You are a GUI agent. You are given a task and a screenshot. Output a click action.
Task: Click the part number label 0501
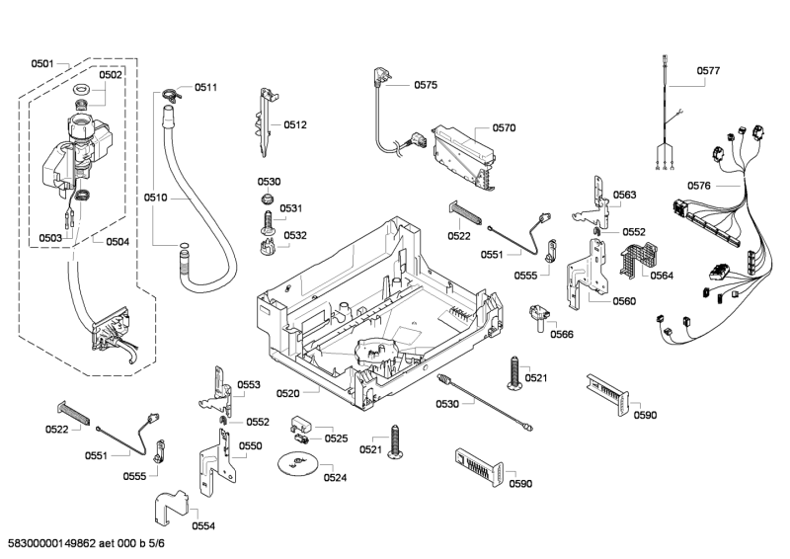[41, 64]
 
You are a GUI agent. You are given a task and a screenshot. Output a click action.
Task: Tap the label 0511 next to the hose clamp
[205, 88]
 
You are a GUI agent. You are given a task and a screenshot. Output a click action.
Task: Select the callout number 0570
[505, 127]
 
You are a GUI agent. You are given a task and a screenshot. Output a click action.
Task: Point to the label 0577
[708, 71]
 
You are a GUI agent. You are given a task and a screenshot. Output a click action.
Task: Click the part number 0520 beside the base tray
[287, 393]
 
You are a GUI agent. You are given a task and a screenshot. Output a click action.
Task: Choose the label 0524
[336, 478]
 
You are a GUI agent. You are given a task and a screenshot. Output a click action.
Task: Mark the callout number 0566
[562, 334]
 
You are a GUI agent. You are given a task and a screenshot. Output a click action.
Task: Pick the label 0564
[662, 276]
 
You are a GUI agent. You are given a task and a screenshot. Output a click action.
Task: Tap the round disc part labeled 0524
[296, 464]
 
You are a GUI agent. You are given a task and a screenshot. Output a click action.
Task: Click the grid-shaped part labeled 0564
[631, 259]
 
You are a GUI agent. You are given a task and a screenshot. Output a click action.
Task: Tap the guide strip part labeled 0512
[265, 122]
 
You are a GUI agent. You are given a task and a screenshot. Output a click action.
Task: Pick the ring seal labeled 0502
[82, 93]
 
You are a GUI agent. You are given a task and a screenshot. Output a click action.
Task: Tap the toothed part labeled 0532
[265, 244]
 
